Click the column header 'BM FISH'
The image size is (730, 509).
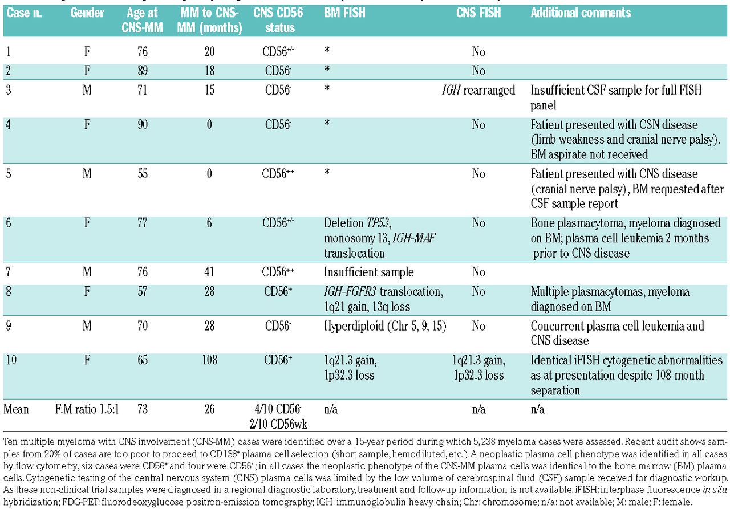click(x=344, y=13)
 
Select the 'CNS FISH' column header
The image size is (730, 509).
click(x=478, y=13)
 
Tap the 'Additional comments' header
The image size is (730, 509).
click(x=581, y=13)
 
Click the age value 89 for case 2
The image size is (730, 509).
click(x=143, y=71)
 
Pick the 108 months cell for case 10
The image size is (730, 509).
click(x=209, y=360)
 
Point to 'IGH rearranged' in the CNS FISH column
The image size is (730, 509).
click(x=478, y=90)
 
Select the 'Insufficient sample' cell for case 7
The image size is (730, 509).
click(x=368, y=272)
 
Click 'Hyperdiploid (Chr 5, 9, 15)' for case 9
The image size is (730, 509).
click(x=385, y=326)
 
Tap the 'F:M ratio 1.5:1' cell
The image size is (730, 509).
click(x=87, y=409)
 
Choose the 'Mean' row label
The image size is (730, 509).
click(x=16, y=409)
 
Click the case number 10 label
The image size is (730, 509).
click(x=11, y=360)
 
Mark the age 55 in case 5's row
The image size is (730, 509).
click(x=143, y=174)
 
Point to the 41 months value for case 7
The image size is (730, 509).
click(x=209, y=272)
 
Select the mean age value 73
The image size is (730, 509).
click(x=143, y=409)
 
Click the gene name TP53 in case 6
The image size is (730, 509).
click(x=378, y=223)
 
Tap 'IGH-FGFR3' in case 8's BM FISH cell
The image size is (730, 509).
click(x=350, y=291)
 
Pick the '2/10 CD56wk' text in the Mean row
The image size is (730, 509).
click(x=278, y=424)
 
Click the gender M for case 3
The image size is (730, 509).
click(x=87, y=90)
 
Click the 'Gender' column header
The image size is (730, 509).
click(x=87, y=13)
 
